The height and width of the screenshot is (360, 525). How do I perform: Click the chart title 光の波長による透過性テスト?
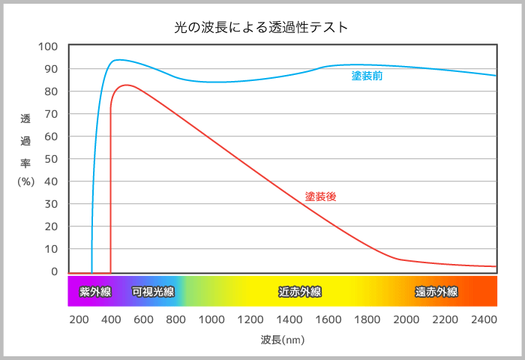click(262, 28)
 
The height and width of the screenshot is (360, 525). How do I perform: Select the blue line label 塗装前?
click(367, 76)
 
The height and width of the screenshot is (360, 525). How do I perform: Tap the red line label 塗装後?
click(320, 196)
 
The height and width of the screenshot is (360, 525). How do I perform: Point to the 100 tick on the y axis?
click(48, 46)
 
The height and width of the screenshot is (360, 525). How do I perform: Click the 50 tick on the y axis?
click(51, 159)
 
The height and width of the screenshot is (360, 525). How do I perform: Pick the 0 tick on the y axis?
click(54, 271)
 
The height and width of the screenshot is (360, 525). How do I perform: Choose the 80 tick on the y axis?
click(51, 91)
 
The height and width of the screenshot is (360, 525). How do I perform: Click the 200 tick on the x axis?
click(79, 319)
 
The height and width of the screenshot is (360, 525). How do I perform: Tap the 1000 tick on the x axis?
click(211, 319)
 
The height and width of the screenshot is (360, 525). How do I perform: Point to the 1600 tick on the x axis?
click(328, 319)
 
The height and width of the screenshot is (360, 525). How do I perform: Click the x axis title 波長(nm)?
click(283, 340)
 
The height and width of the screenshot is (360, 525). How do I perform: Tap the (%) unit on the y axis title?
click(26, 181)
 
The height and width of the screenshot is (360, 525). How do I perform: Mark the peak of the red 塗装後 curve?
click(127, 85)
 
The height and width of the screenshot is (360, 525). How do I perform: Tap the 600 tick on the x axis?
click(143, 319)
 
